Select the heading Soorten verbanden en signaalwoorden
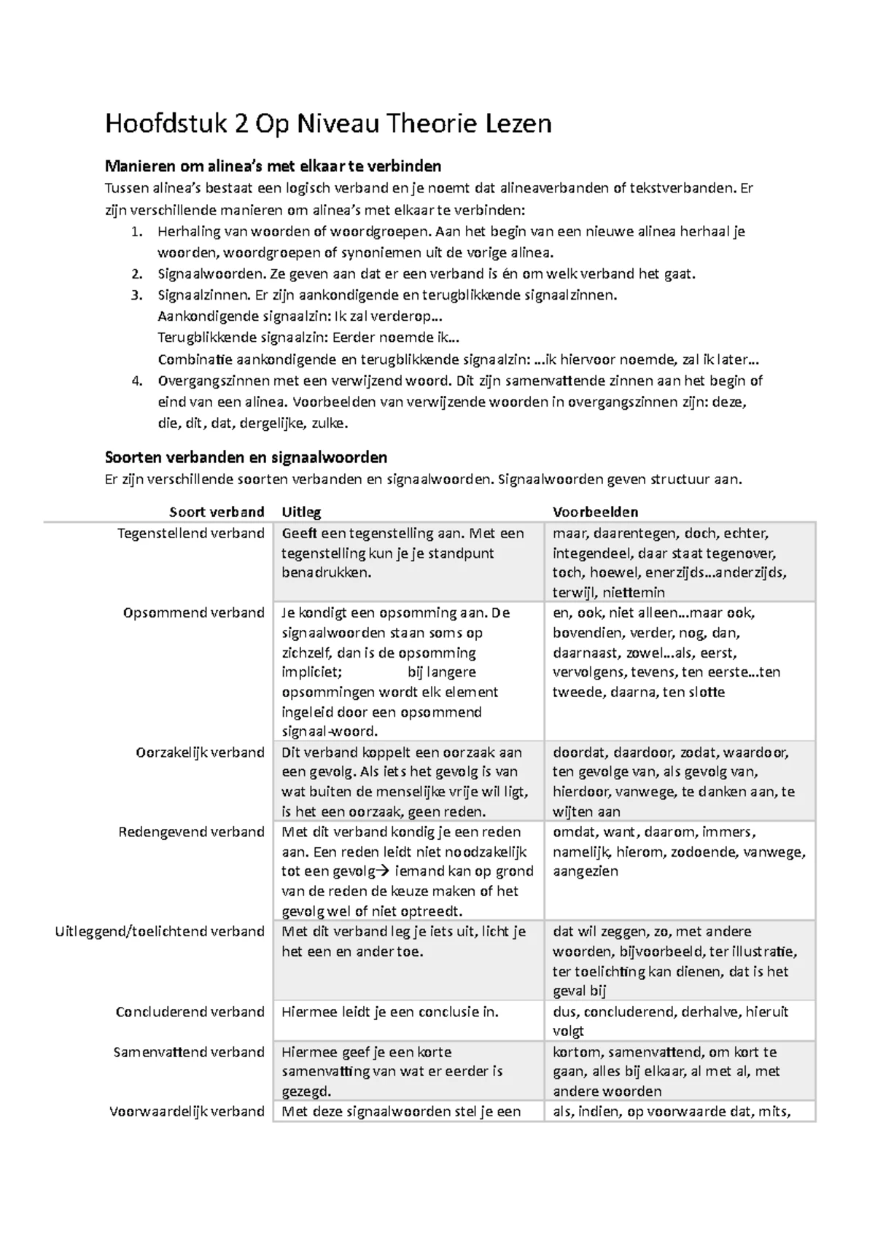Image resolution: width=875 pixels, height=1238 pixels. click(x=246, y=458)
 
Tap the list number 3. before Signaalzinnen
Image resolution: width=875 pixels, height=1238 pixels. click(x=136, y=295)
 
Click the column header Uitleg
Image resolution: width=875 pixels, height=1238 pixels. click(x=301, y=512)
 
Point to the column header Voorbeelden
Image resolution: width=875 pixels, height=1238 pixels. click(x=595, y=512)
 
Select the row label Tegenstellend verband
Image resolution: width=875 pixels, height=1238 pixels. click(x=191, y=534)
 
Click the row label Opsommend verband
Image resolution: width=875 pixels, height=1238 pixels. click(x=193, y=612)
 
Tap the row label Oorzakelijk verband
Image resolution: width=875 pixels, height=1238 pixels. click(x=200, y=752)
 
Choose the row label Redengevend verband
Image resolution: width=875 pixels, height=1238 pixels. click(x=191, y=832)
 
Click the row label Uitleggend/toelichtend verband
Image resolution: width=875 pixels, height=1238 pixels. click(x=160, y=932)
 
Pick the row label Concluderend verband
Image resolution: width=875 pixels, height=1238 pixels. click(x=190, y=1012)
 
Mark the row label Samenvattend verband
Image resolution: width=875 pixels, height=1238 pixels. click(x=189, y=1052)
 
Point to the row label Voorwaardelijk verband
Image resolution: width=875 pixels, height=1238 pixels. click(x=187, y=1112)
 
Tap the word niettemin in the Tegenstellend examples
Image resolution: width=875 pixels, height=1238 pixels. click(x=633, y=593)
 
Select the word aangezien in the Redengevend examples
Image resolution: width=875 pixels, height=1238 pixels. click(x=586, y=871)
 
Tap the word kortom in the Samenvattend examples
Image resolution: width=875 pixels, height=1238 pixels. click(x=576, y=1052)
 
